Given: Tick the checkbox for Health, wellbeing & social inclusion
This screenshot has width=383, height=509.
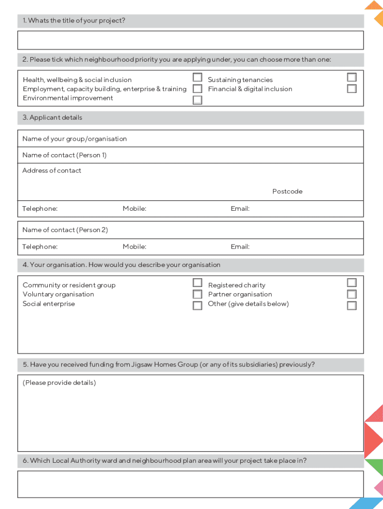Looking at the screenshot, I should (x=197, y=78).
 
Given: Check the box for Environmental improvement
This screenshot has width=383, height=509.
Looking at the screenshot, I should (x=197, y=100).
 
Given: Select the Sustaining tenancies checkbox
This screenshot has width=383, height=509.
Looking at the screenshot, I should (x=352, y=78).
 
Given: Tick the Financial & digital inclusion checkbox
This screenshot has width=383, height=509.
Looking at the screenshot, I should (x=352, y=89).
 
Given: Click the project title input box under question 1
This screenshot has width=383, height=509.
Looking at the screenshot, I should (x=191, y=40).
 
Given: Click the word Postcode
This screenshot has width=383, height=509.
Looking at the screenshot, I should (x=287, y=191).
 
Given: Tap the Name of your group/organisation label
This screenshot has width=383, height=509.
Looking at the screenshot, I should (x=75, y=139).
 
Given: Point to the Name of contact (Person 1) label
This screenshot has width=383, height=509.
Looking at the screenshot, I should (x=64, y=155).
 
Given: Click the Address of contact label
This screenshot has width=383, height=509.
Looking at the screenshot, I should (x=52, y=170).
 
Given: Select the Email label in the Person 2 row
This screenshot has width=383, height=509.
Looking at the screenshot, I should (x=240, y=247).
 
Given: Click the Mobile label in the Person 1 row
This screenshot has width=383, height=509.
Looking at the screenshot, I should (x=134, y=209).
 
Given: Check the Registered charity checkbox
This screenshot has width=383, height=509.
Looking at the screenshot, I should (x=352, y=283).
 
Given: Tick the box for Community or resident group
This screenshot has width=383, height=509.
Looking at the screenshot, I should (x=197, y=283).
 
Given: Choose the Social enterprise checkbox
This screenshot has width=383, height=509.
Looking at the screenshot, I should (x=197, y=305).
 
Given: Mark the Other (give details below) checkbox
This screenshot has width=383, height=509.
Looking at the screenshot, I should (x=352, y=305).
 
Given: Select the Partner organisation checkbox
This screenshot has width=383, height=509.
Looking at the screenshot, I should (x=352, y=294).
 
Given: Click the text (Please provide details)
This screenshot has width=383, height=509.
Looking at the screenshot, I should (x=59, y=383).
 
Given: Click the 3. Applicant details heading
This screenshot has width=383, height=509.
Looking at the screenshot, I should (x=52, y=118).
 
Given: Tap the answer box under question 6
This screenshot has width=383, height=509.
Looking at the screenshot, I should (x=191, y=484).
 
